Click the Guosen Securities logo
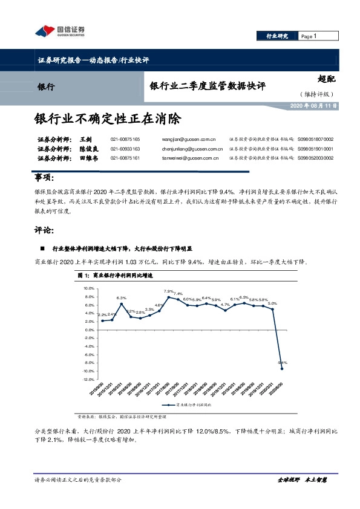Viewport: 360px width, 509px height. pyautogui.click(x=58, y=31)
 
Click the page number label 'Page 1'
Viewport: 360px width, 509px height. pyautogui.click(x=309, y=36)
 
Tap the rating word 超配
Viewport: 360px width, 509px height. pyautogui.click(x=326, y=79)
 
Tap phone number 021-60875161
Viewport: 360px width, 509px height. pyautogui.click(x=125, y=158)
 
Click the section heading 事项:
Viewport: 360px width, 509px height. pyautogui.click(x=44, y=178)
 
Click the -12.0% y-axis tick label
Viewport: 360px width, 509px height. pyautogui.click(x=88, y=379)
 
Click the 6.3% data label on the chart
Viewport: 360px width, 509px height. pyautogui.click(x=121, y=298)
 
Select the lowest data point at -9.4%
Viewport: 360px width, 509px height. pyautogui.click(x=282, y=368)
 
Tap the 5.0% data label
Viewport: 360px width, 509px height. pyautogui.click(x=272, y=303)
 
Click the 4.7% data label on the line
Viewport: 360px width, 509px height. pyautogui.click(x=225, y=305)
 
